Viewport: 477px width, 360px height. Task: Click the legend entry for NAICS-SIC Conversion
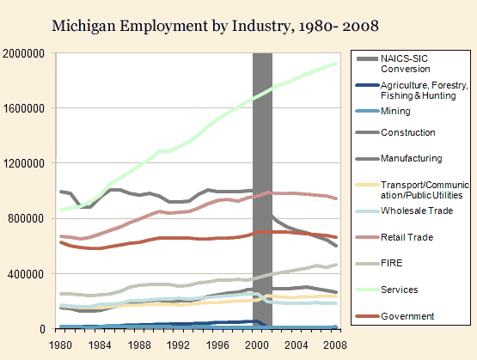coord(406,63)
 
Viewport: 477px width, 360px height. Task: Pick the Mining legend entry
coord(394,112)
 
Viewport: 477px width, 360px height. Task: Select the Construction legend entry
coord(407,132)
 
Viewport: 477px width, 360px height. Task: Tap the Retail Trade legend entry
coord(405,237)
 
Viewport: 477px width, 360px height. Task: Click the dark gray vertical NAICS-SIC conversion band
coord(262,189)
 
